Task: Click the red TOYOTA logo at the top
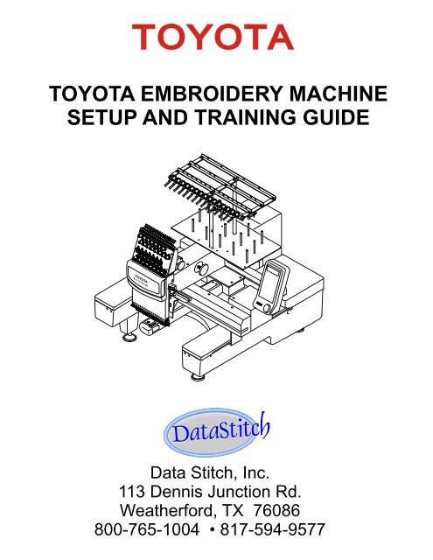pyautogui.click(x=213, y=37)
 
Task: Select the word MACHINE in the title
pyautogui.click(x=338, y=94)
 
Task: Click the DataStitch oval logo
pyautogui.click(x=216, y=432)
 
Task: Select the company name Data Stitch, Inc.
pyautogui.click(x=210, y=472)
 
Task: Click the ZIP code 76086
pyautogui.click(x=276, y=510)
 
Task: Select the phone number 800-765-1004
pyautogui.click(x=147, y=529)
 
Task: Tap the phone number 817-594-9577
pyautogui.click(x=272, y=529)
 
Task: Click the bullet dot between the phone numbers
pyautogui.click(x=213, y=529)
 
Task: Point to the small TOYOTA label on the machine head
pyautogui.click(x=142, y=276)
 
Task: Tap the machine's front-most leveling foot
pyautogui.click(x=198, y=377)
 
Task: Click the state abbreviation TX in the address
pyautogui.click(x=233, y=510)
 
